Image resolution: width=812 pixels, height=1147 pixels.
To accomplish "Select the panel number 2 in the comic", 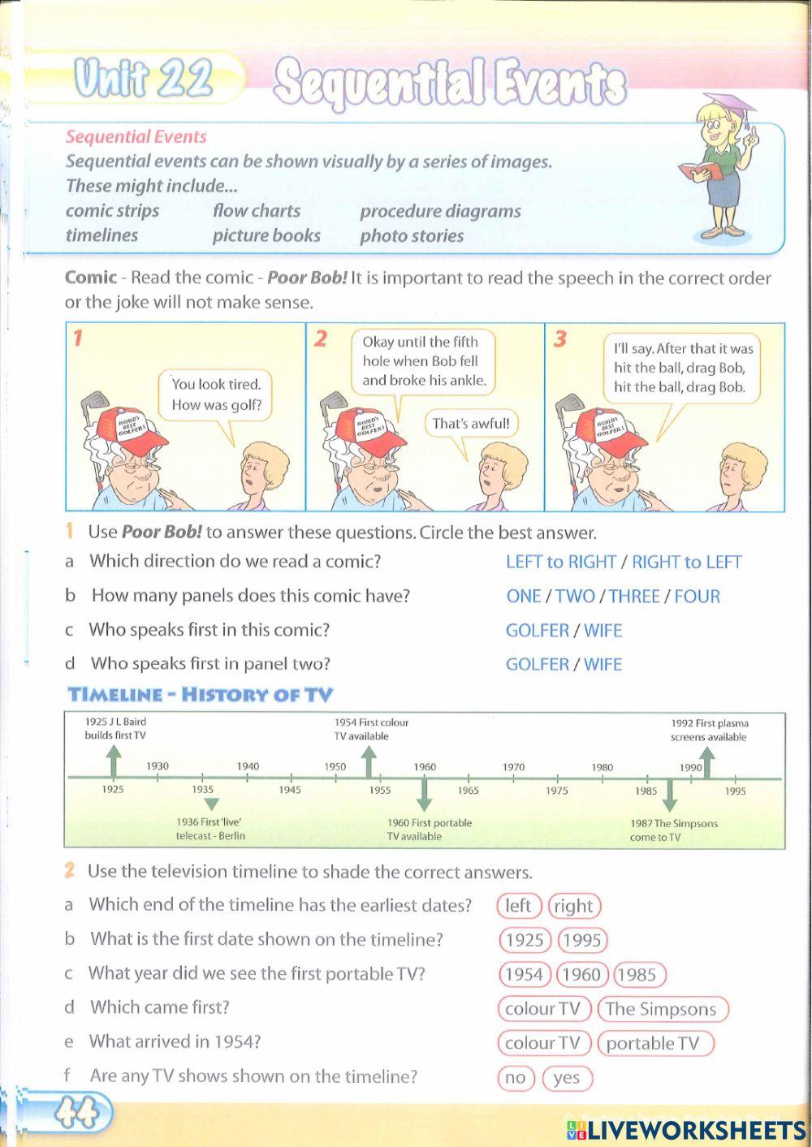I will tap(320, 338).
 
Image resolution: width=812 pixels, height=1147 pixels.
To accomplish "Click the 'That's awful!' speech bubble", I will tap(471, 423).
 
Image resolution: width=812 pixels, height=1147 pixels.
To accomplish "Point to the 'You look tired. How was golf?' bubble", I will tap(216, 395).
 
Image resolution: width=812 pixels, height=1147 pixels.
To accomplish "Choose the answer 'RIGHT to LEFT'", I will tap(686, 562).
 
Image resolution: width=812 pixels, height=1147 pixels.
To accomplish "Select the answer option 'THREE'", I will tap(634, 596).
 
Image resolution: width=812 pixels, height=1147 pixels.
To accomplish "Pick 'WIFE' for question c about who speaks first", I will tap(603, 630).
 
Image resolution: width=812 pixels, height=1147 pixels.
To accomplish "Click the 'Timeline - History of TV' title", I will tap(201, 694).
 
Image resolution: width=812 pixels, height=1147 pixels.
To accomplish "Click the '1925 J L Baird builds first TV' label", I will tap(115, 728).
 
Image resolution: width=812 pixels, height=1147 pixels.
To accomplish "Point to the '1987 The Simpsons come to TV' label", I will tap(673, 830).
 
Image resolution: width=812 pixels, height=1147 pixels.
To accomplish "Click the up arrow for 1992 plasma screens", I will tap(707, 763).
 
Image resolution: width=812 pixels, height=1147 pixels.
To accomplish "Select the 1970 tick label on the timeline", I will tap(513, 767).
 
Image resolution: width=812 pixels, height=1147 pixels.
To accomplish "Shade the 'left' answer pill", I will tap(519, 906).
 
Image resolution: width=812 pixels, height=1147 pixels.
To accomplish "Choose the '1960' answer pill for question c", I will tap(581, 974).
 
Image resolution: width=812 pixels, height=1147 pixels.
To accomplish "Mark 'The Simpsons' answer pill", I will tap(661, 1009).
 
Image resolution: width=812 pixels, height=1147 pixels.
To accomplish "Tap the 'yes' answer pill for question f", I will tap(567, 1078).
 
